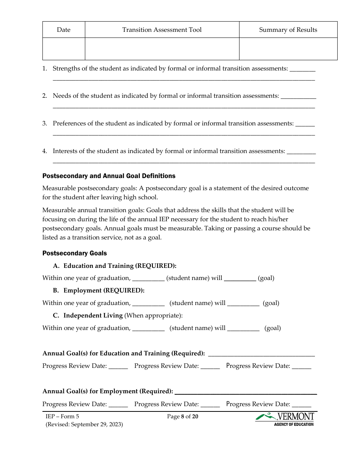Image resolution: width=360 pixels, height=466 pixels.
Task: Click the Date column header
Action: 64,30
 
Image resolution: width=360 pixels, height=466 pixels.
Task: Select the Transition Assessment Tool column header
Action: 162,30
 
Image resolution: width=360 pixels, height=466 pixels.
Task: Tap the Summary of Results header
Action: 288,30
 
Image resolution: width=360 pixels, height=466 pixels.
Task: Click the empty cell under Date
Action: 64,48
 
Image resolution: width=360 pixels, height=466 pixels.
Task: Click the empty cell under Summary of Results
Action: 288,48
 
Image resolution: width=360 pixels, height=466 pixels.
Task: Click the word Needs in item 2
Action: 62,96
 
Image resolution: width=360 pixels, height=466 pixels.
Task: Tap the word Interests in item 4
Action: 66,151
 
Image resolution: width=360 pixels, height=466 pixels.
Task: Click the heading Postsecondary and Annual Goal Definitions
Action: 109,176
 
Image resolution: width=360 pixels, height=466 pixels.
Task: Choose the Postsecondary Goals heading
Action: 75,253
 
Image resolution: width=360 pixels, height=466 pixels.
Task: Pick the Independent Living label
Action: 93,315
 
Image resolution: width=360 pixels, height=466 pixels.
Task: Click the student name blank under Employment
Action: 149,303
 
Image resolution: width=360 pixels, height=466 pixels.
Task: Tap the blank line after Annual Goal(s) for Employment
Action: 246,392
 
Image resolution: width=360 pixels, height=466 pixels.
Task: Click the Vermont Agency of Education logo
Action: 285,419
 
